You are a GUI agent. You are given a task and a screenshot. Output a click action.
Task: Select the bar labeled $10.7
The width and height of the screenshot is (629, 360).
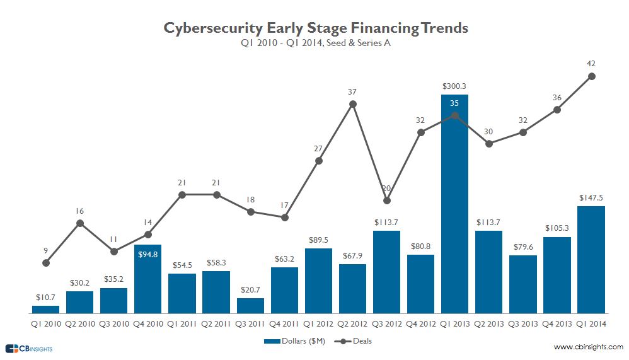[45, 310]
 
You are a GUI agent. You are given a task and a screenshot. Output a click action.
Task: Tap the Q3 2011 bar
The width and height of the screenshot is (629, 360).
[250, 306]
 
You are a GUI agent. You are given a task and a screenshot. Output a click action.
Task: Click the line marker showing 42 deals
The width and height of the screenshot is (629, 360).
[591, 76]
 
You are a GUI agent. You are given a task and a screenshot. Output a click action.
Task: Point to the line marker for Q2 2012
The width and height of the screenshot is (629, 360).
[352, 104]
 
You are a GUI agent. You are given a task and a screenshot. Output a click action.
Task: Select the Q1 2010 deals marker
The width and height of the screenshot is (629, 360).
[46, 263]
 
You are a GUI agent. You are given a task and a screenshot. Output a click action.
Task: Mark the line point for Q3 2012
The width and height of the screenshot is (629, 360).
[387, 200]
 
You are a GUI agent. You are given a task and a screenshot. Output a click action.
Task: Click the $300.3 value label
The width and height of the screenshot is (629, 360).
[454, 86]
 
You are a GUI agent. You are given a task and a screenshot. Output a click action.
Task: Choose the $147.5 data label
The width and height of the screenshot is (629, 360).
[591, 197]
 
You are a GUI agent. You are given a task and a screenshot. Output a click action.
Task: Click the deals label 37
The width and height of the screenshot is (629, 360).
[352, 92]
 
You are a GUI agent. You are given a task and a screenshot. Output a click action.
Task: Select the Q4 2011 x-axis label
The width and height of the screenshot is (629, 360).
[284, 324]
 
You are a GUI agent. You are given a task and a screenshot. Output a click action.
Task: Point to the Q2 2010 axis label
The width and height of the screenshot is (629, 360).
[79, 324]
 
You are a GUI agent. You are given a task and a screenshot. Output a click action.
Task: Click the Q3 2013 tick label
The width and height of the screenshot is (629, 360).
[523, 324]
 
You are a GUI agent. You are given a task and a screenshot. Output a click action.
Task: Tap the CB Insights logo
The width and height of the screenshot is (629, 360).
[29, 348]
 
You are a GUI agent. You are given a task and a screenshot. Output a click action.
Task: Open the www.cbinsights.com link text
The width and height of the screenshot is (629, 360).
[588, 347]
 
